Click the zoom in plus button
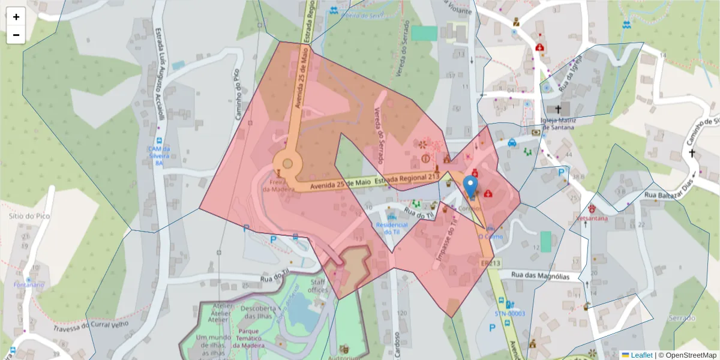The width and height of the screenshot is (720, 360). [x=16, y=17]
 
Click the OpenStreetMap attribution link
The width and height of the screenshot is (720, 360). [x=687, y=355]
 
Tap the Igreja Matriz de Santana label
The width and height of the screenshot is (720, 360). [x=557, y=124]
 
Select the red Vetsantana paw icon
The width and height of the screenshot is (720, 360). [x=592, y=208]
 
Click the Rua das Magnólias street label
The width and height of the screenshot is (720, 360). [x=540, y=275]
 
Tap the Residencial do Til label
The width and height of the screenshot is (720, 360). [x=391, y=229]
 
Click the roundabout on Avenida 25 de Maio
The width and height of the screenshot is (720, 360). [x=287, y=163]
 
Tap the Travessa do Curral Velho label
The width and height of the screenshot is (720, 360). [x=92, y=325]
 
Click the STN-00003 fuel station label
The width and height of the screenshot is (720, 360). [x=509, y=313]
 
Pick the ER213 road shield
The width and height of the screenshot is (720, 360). [x=490, y=263]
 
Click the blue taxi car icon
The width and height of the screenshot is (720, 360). [x=512, y=143]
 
